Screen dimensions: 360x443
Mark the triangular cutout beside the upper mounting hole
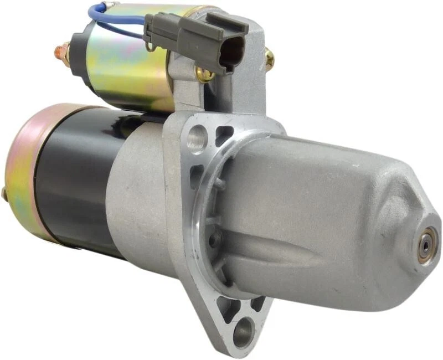point(224,135)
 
